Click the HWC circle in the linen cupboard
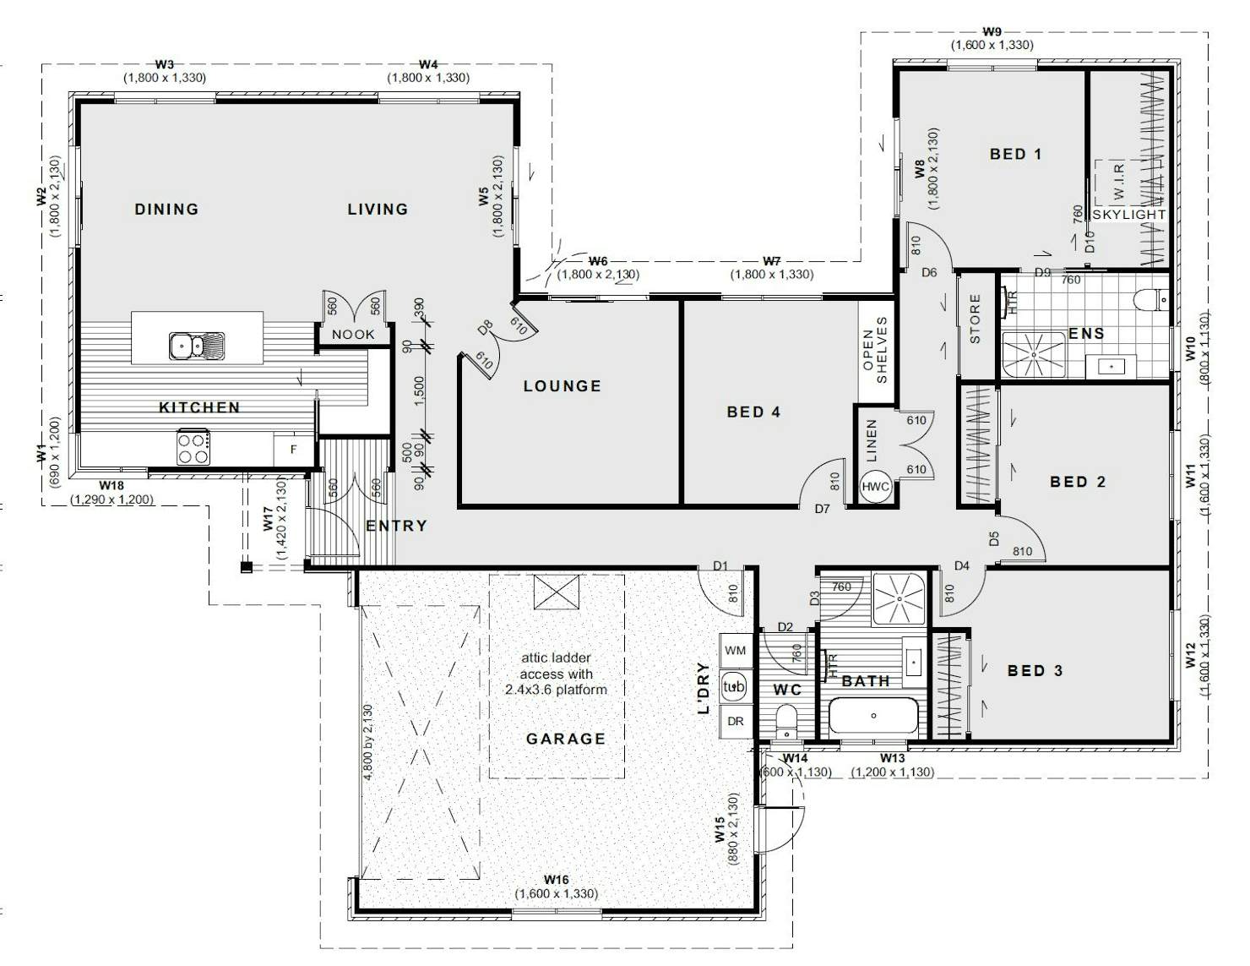click(875, 487)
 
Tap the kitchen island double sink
click(197, 345)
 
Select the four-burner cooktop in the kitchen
click(193, 447)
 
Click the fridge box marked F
click(293, 450)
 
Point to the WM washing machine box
click(735, 651)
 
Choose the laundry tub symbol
click(733, 686)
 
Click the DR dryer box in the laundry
click(736, 722)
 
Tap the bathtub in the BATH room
click(874, 716)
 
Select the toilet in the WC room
click(785, 721)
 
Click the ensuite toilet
click(1152, 300)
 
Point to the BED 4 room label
click(753, 412)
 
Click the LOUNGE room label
click(562, 386)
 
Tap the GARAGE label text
click(566, 739)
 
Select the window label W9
click(992, 31)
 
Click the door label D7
click(823, 509)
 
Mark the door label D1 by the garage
click(720, 566)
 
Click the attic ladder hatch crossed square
click(557, 592)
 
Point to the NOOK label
click(353, 335)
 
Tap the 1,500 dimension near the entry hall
click(419, 390)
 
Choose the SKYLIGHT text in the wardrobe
click(1128, 215)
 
